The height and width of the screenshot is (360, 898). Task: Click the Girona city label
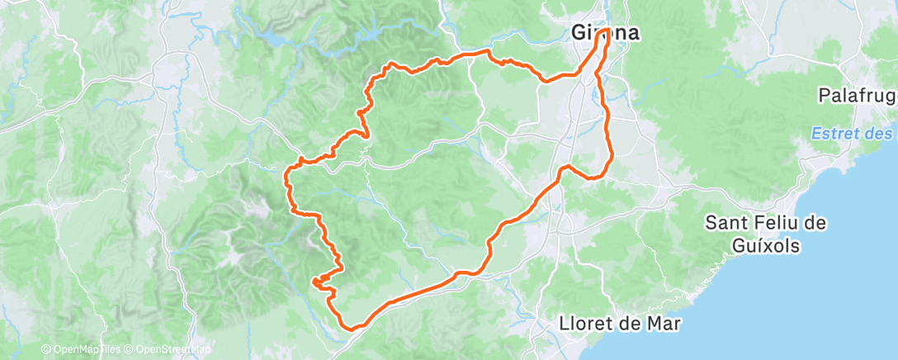click(x=606, y=34)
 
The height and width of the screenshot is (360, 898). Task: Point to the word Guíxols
click(x=766, y=245)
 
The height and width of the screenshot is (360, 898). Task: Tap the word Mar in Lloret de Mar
click(x=665, y=324)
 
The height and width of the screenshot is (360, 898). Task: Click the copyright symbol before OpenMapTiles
click(x=45, y=350)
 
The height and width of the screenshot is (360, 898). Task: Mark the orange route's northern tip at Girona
click(x=607, y=30)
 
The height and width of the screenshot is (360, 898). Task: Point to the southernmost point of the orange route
click(x=352, y=328)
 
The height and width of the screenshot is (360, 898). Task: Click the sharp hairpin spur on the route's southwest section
click(x=314, y=282)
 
